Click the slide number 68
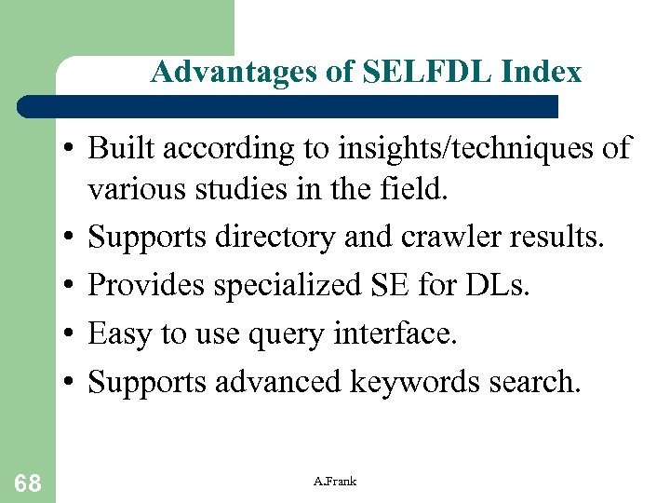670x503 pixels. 27,482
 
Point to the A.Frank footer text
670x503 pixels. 335,482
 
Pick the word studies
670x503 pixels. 241,190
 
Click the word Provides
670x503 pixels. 147,285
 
